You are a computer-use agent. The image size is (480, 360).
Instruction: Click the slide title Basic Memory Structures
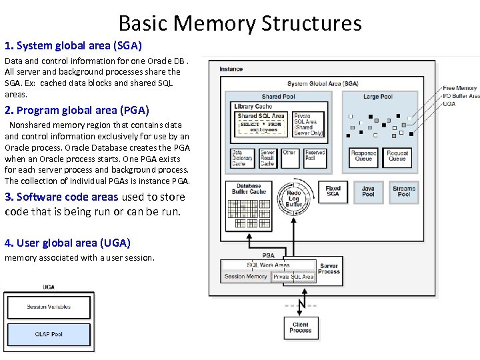click(240, 23)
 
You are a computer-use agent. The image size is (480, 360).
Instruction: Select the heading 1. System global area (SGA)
click(73, 46)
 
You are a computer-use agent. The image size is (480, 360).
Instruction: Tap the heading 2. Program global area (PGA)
click(77, 110)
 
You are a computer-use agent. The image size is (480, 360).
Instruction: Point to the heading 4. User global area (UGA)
click(67, 243)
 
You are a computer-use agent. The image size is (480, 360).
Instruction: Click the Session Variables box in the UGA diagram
click(49, 307)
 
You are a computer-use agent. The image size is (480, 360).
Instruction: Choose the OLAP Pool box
click(49, 334)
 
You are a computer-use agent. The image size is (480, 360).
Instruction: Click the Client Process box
click(300, 327)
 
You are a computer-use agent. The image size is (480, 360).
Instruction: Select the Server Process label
click(329, 269)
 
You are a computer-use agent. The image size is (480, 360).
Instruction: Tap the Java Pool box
click(368, 191)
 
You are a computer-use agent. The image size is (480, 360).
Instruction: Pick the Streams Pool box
click(404, 191)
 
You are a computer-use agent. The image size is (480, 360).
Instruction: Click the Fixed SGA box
click(333, 191)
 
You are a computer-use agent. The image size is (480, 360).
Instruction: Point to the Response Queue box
click(363, 156)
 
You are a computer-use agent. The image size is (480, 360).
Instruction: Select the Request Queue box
click(397, 156)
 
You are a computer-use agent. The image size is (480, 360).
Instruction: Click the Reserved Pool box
click(315, 156)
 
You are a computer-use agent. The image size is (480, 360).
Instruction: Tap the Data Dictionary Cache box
click(239, 157)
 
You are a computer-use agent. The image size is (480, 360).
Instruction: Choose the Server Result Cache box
click(267, 157)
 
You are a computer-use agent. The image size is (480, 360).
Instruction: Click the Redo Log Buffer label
click(294, 198)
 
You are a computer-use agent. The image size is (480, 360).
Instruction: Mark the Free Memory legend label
click(460, 88)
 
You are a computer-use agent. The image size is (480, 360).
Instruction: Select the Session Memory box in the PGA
click(245, 276)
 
